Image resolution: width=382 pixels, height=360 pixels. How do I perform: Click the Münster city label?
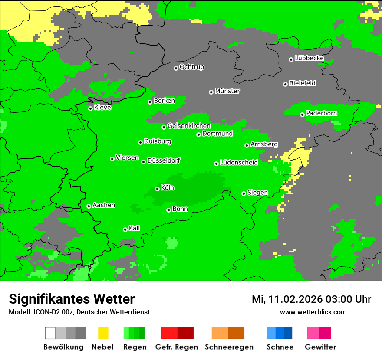click(x=227, y=91)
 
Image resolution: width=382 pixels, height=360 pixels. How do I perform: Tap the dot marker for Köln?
click(x=158, y=189)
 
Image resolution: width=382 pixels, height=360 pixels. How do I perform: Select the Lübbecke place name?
click(x=309, y=58)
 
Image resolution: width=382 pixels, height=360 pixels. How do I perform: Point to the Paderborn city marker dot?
click(x=303, y=115)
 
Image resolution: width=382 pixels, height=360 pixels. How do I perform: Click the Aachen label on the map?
click(x=104, y=205)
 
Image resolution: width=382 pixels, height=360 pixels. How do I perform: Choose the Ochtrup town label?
click(x=192, y=67)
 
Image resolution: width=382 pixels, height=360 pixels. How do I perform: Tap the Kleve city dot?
click(x=91, y=108)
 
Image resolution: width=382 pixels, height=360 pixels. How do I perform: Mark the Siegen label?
click(x=257, y=193)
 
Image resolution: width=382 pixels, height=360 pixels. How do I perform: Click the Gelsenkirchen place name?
click(x=189, y=126)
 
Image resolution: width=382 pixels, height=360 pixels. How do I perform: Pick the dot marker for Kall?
click(x=125, y=229)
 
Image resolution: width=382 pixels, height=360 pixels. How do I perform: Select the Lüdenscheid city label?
click(x=239, y=163)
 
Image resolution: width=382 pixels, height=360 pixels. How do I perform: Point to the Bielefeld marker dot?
click(x=286, y=84)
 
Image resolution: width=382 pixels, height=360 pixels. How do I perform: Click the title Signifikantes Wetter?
click(x=72, y=299)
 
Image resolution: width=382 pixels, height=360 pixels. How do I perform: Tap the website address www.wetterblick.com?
click(x=313, y=312)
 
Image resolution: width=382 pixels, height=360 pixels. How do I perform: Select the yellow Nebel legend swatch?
click(x=102, y=333)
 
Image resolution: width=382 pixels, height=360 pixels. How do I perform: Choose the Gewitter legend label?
click(x=320, y=347)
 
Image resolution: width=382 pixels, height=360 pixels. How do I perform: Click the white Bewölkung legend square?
click(x=50, y=333)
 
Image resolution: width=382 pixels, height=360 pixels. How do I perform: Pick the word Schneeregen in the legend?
click(x=229, y=347)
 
